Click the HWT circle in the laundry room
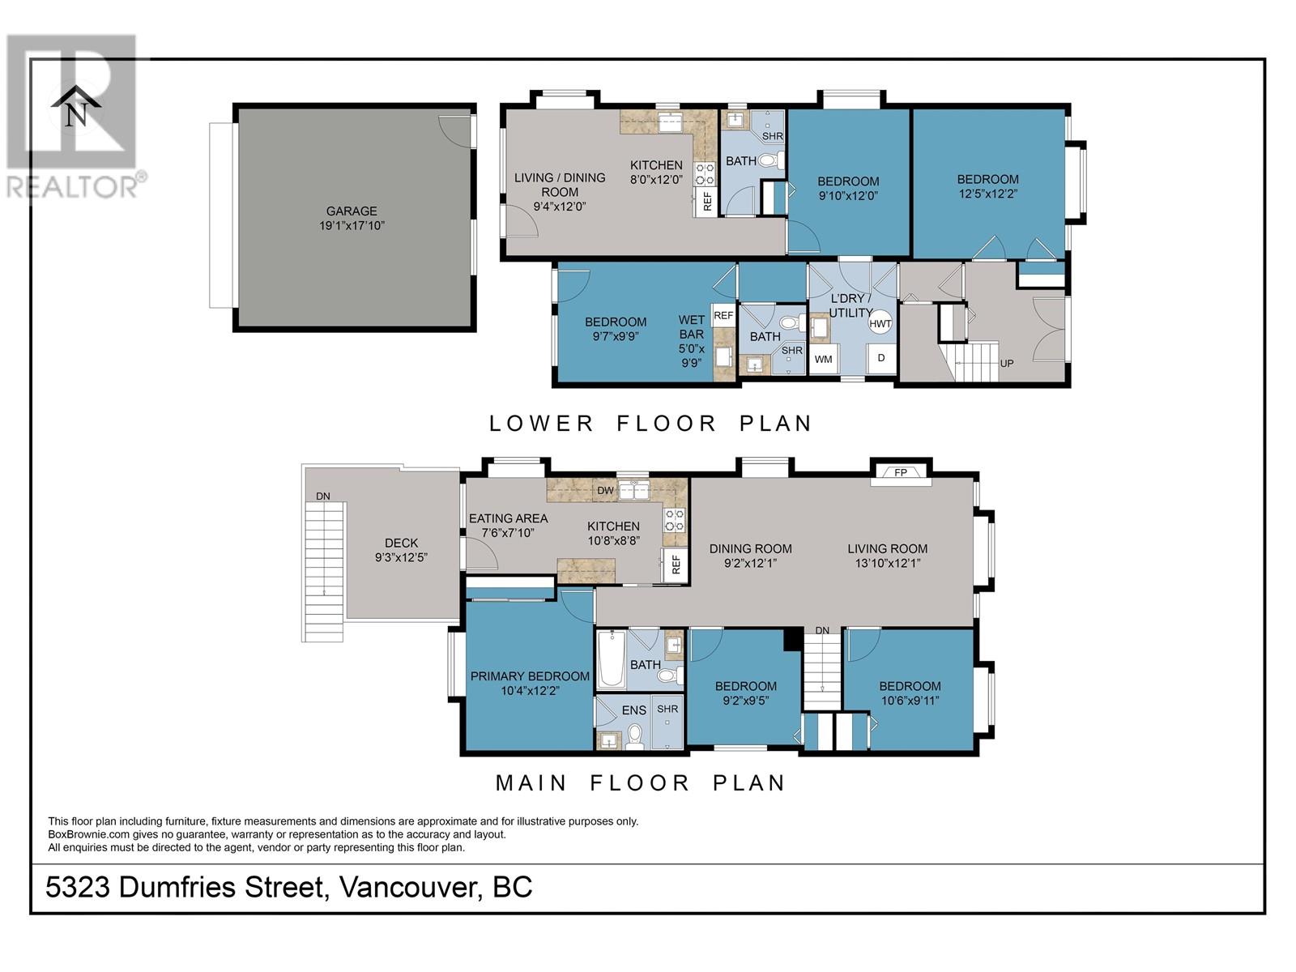(880, 323)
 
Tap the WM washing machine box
(823, 359)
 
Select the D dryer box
(881, 358)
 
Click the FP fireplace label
(901, 472)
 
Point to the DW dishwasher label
(604, 490)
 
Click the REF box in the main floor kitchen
(676, 564)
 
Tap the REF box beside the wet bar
(723, 315)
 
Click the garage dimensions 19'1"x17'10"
(352, 226)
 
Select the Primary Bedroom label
(530, 676)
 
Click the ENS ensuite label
(633, 710)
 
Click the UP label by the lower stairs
(1007, 363)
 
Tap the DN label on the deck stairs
(322, 497)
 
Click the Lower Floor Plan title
(650, 423)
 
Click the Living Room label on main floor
(887, 548)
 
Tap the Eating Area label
(508, 518)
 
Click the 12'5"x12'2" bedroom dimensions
(987, 194)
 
